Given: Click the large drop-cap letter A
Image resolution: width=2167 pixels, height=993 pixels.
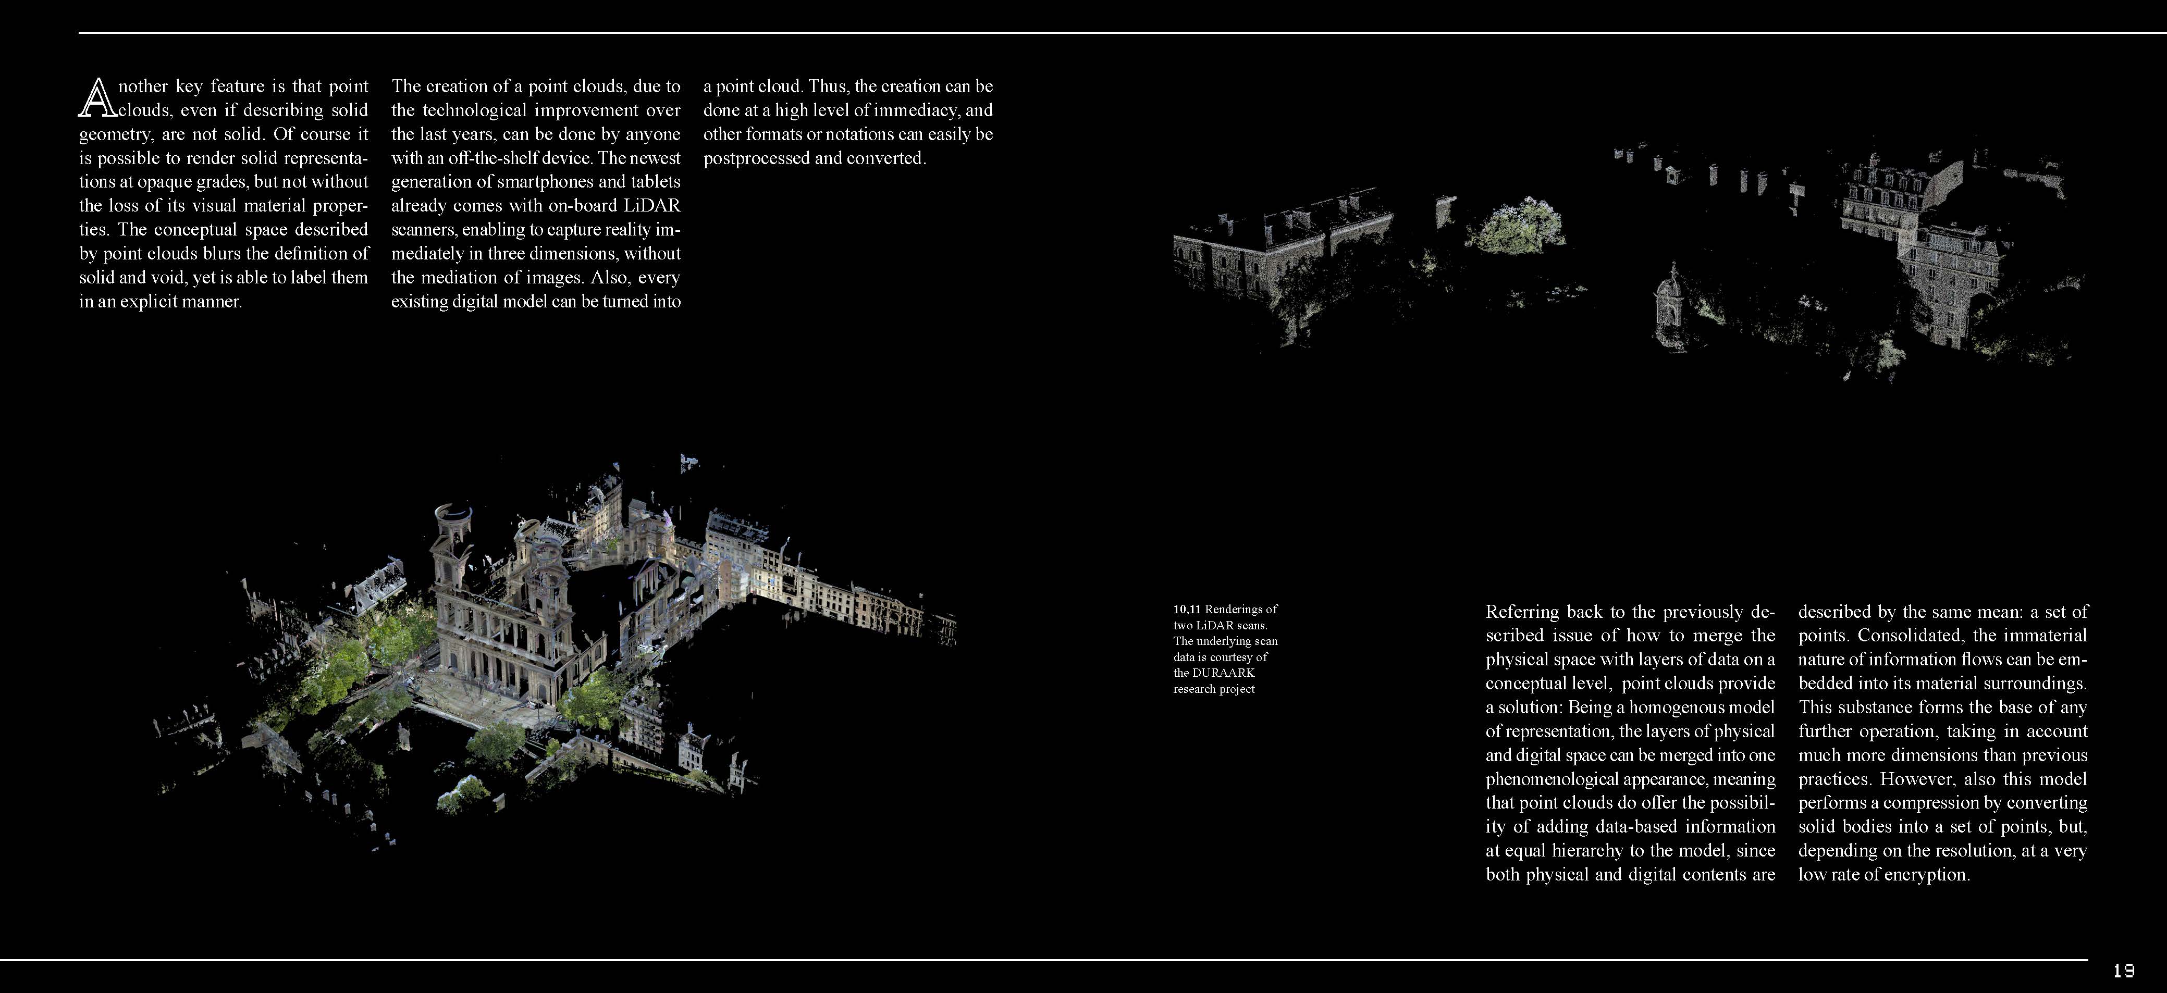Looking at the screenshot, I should [x=96, y=98].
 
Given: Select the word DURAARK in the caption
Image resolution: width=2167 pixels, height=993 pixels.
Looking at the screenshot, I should [x=1224, y=673].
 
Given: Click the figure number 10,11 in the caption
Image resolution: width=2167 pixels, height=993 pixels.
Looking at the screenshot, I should [x=1187, y=609].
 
